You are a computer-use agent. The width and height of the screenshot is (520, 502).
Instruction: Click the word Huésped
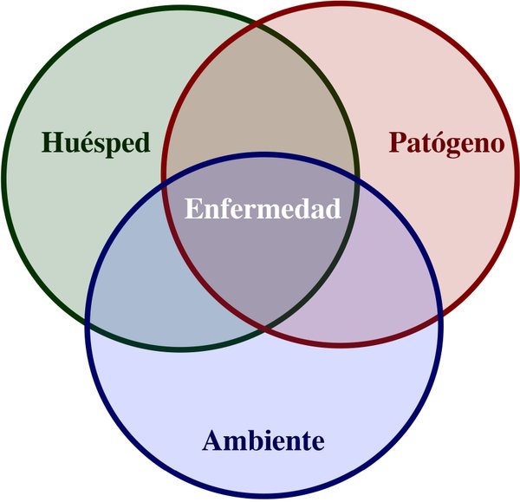(95, 142)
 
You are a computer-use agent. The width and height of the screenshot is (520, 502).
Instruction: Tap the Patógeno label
(445, 142)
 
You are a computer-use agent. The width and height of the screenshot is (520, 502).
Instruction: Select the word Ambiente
(263, 440)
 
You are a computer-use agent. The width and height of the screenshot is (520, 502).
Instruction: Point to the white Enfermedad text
(263, 209)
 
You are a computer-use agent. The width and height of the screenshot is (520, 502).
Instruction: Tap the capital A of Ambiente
(213, 440)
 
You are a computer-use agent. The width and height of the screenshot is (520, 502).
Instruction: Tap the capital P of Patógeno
(397, 142)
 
